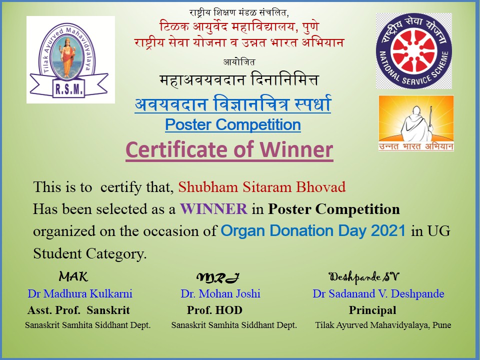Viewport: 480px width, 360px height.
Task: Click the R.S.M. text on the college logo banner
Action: pyautogui.click(x=69, y=89)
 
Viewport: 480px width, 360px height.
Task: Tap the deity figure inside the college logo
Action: pyautogui.click(x=66, y=56)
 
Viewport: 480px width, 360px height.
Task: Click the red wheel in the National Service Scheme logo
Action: pyautogui.click(x=414, y=51)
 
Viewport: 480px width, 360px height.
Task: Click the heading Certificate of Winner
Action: pyautogui.click(x=229, y=149)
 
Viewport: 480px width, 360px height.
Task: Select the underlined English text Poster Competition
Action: pyautogui.click(x=233, y=124)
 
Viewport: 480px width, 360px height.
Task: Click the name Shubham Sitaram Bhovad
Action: pyautogui.click(x=262, y=186)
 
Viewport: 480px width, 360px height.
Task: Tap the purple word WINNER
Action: pyautogui.click(x=213, y=209)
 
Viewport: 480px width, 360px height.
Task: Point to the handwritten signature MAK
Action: pyautogui.click(x=73, y=276)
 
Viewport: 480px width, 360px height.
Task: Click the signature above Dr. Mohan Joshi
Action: pyautogui.click(x=217, y=277)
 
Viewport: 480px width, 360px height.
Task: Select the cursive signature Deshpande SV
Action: pyautogui.click(x=363, y=277)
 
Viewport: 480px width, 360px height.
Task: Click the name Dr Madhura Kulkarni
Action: pyautogui.click(x=80, y=293)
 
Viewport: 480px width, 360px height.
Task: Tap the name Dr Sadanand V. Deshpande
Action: pyautogui.click(x=378, y=293)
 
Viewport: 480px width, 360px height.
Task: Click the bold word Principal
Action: pyautogui.click(x=372, y=310)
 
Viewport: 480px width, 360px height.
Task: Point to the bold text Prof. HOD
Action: pyautogui.click(x=214, y=310)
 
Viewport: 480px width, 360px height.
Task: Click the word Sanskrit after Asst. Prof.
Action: pyautogui.click(x=108, y=310)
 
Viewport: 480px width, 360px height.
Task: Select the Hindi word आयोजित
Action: pyautogui.click(x=239, y=62)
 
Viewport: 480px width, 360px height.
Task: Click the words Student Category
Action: pyautogui.click(x=89, y=253)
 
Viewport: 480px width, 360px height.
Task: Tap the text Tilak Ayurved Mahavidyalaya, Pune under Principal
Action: pyautogui.click(x=383, y=325)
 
